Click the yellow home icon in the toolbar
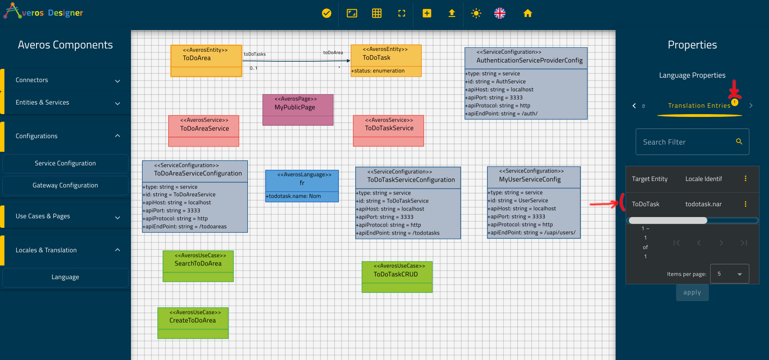pos(527,13)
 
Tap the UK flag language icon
pos(500,13)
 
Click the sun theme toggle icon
pos(476,13)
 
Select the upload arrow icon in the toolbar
pos(452,13)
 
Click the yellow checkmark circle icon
pos(327,13)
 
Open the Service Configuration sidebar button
pos(65,163)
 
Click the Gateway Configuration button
pos(65,185)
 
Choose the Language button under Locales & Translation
pos(65,277)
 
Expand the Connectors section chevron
pos(117,81)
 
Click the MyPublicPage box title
pos(295,107)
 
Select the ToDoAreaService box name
pos(204,129)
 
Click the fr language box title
pos(302,183)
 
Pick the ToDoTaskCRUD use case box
pos(397,277)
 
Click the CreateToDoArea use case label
pos(193,320)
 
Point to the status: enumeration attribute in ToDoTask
pos(378,71)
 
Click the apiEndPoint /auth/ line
pos(501,114)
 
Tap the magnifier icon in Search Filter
pos(739,141)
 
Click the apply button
pos(692,293)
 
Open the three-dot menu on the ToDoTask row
pos(745,204)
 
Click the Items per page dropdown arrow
pos(739,274)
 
